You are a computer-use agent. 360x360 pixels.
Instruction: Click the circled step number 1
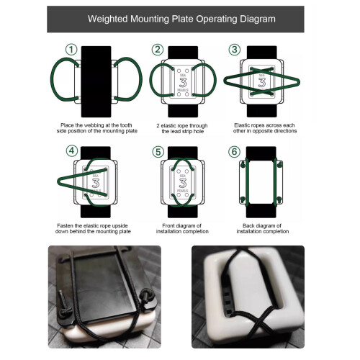pos(71,50)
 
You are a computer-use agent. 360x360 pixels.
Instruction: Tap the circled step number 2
pos(158,50)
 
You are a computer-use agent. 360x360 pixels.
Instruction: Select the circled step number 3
pos(235,50)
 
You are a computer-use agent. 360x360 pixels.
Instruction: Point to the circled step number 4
pos(72,151)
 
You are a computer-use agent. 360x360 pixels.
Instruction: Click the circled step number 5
pos(158,152)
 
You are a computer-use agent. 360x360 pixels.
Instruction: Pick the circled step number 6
pos(234,152)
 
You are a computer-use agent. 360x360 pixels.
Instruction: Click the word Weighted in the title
pos(108,19)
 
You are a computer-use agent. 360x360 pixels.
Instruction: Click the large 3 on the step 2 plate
pos(183,83)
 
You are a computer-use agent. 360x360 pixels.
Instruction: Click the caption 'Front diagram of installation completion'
pos(182,228)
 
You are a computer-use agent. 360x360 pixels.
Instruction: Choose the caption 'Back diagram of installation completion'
pos(263,228)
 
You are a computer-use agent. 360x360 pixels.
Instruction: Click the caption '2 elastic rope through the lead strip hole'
pos(182,128)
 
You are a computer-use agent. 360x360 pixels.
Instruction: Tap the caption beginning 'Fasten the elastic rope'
pos(93,228)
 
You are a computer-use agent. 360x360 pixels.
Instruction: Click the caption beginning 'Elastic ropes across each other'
pos(265,128)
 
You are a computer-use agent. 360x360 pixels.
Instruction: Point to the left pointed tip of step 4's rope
pos(58,181)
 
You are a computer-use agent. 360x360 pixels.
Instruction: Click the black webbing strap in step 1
pos(96,81)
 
